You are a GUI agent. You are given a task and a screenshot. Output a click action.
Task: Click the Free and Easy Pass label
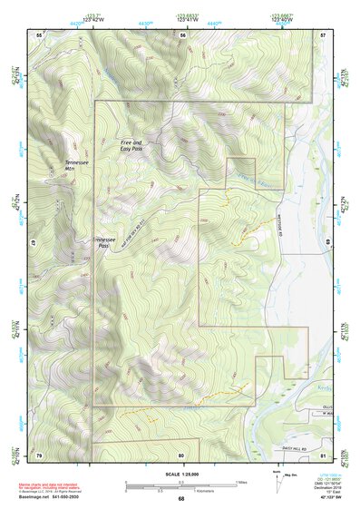click(131, 146)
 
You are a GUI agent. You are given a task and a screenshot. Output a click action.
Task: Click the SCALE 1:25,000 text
click(181, 475)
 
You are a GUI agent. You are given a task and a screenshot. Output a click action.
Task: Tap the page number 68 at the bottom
click(181, 498)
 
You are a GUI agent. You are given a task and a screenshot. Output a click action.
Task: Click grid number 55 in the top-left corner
click(39, 34)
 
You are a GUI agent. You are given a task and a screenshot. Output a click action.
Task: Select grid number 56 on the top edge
click(182, 34)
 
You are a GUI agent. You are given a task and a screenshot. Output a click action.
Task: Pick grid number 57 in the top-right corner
click(323, 34)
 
